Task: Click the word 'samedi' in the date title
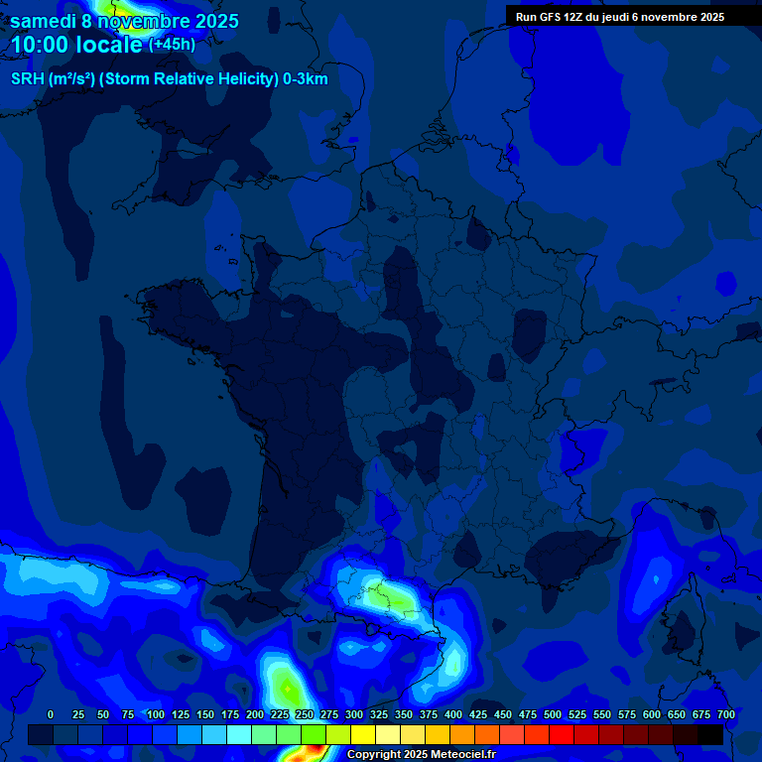(x=42, y=21)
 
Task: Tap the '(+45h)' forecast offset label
(x=172, y=45)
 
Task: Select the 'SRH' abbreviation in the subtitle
(x=29, y=79)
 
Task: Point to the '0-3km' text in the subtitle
(x=306, y=79)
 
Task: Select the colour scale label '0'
(x=51, y=714)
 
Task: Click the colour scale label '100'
(x=156, y=714)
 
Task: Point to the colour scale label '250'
(x=305, y=714)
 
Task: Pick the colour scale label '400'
(x=453, y=714)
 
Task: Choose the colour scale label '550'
(x=602, y=714)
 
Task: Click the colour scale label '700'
(x=726, y=714)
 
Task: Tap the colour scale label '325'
(x=379, y=714)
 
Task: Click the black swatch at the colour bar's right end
(x=710, y=734)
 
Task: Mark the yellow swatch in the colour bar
(x=363, y=734)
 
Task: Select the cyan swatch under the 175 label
(x=239, y=734)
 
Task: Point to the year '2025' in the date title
(x=216, y=21)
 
